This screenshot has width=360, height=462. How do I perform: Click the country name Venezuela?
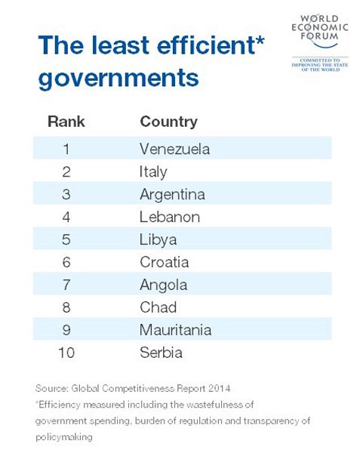point(174,149)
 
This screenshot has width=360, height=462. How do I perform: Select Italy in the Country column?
point(153,172)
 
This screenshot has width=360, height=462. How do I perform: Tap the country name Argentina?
point(172,195)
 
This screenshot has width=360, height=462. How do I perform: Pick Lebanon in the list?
point(170,217)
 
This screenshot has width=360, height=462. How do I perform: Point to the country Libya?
point(158,240)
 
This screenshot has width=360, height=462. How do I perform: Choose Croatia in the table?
point(165,262)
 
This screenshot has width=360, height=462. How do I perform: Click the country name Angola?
point(164,285)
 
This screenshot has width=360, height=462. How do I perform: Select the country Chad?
point(158,307)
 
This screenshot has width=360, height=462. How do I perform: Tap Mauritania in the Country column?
point(176,330)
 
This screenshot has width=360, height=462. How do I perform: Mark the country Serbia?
point(162,353)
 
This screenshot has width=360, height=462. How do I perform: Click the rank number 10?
point(66,353)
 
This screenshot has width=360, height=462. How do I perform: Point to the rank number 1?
point(66,149)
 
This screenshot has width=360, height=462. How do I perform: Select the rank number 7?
point(66,285)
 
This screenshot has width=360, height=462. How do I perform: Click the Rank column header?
point(66,122)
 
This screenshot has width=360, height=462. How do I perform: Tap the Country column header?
point(169,122)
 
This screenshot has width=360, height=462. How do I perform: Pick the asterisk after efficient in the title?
point(260,41)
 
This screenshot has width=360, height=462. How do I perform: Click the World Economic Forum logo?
point(320,43)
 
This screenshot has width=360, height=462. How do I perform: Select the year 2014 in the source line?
point(219,388)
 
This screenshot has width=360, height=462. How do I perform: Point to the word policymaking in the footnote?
point(64,437)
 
